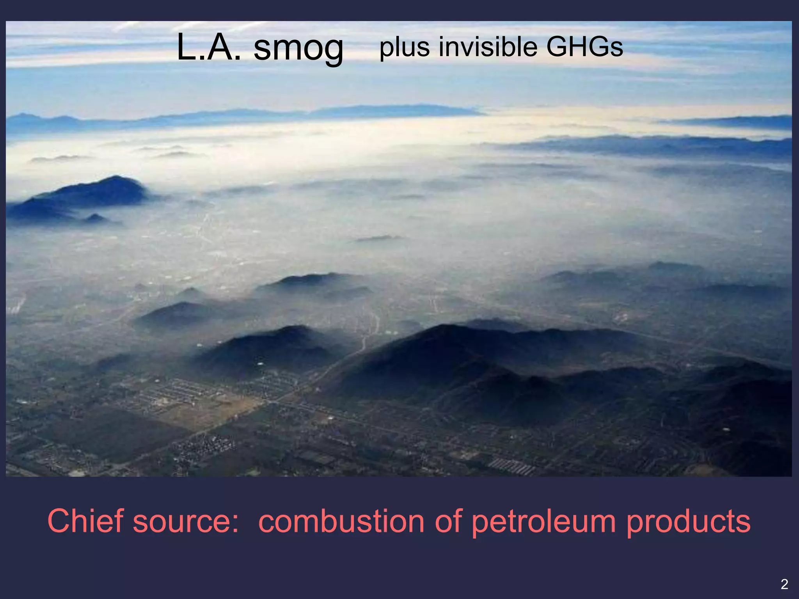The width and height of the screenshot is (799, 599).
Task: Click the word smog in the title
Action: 298,48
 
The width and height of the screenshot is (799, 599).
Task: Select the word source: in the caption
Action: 185,522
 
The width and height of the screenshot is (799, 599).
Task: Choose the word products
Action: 688,522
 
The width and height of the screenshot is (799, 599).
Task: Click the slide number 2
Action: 784,584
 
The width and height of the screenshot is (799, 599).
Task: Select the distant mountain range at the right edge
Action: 741,122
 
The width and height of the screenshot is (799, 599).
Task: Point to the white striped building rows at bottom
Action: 511,466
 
